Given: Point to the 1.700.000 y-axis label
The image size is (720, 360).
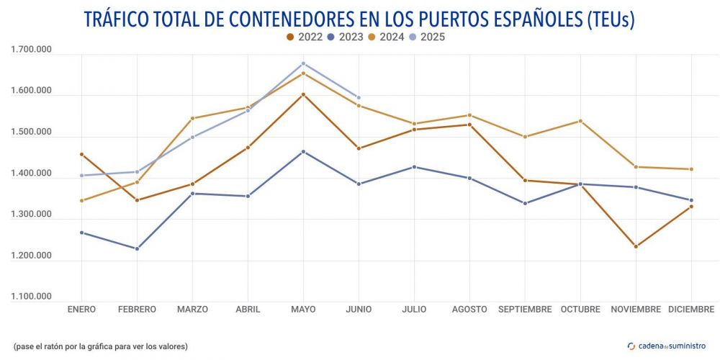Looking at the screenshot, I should point(31,50).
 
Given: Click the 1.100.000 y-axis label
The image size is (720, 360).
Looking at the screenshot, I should point(31,297).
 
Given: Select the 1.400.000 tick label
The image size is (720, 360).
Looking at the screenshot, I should point(31,174).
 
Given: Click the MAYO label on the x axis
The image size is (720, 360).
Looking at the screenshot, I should point(303,310).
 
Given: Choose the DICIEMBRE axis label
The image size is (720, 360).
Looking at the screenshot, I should point(691,310).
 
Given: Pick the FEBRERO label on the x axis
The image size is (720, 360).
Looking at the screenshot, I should point(137,310).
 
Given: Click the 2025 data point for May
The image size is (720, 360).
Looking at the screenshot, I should point(303,63).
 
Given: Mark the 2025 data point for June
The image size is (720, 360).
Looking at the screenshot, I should point(359,98).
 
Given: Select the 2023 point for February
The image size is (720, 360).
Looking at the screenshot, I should point(137,249).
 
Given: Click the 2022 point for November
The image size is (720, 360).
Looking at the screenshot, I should point(636,247).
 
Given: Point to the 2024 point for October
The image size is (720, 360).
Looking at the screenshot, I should point(580,121).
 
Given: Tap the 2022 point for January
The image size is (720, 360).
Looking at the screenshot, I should point(81,154).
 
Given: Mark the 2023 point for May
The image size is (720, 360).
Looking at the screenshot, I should point(303,152).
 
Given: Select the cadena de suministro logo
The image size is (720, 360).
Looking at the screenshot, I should point(667,346).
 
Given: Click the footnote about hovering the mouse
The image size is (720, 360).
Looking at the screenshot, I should point(101,346).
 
